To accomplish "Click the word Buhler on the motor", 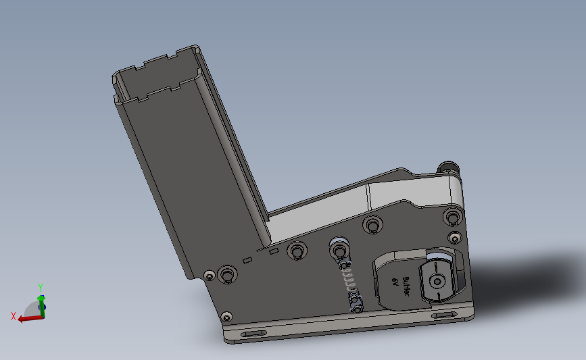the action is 406,286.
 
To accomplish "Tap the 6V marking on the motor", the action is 395,282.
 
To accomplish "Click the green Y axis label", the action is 41,287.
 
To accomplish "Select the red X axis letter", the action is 14,316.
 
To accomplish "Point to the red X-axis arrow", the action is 30,319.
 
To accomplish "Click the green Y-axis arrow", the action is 41,306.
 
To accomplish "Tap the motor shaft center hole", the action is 437,281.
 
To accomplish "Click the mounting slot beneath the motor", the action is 444,315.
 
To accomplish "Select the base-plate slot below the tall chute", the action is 253,334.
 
